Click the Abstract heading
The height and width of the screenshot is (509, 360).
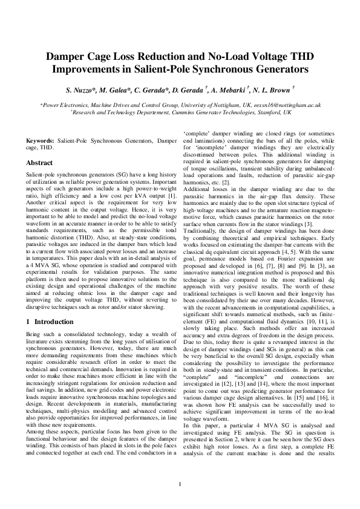[40, 163]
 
